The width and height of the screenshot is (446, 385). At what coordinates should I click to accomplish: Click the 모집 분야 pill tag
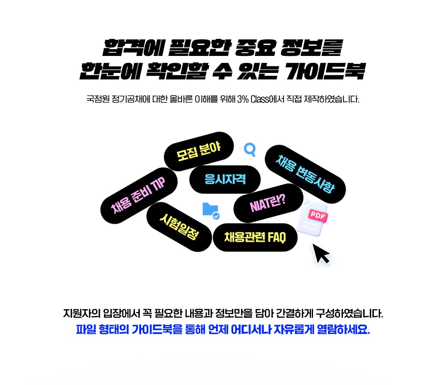[199, 151]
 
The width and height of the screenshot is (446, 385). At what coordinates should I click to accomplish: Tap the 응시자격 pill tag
[225, 179]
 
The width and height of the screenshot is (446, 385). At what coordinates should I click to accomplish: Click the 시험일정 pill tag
[179, 226]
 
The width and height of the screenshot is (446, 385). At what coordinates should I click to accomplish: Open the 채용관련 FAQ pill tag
[255, 237]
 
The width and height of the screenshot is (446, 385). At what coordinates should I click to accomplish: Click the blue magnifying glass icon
[250, 150]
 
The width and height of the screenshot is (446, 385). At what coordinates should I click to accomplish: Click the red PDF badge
[318, 216]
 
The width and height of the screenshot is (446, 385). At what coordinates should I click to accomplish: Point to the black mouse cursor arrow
[322, 254]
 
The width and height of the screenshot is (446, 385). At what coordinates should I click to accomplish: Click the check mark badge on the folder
[217, 216]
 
